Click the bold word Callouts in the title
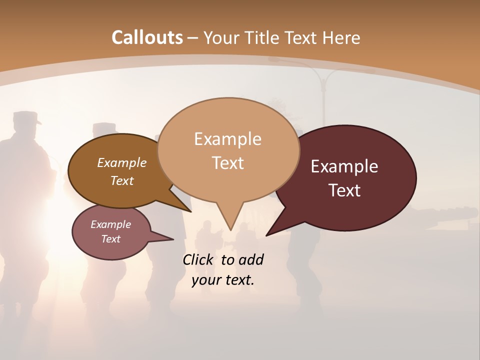tap(147, 37)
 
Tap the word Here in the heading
tap(341, 37)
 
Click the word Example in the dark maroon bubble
tap(344, 166)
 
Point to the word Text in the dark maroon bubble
tap(345, 190)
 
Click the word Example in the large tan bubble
tap(227, 139)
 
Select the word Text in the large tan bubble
tap(228, 163)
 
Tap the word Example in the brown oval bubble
tap(122, 163)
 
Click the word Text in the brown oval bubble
tap(122, 181)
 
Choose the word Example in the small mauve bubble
tap(110, 224)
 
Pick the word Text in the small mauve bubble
tap(110, 239)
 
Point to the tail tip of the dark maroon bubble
tap(267, 234)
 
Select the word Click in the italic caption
tap(197, 260)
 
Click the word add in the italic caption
tap(250, 260)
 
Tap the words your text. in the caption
tap(223, 280)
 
